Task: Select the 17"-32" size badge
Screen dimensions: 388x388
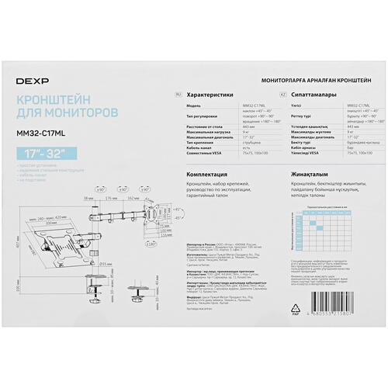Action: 40,148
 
